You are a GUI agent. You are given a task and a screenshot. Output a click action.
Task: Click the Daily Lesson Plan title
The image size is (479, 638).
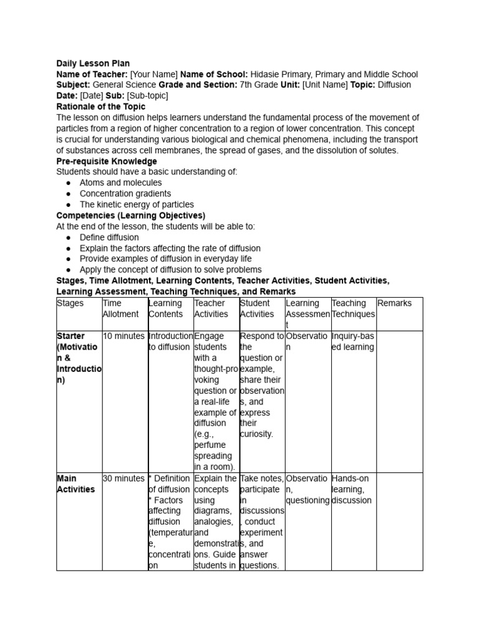point(93,64)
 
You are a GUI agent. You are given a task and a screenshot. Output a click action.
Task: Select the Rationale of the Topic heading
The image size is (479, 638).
point(100,107)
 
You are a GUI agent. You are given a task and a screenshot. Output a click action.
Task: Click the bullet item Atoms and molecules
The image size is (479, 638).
point(120,183)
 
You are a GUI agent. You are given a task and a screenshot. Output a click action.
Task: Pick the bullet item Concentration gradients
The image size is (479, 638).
point(125,194)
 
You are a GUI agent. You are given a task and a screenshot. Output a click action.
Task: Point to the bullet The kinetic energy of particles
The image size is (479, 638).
point(137,204)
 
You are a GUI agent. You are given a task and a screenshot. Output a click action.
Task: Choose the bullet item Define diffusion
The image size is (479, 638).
point(109,237)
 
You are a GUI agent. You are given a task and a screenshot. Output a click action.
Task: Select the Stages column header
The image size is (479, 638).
point(70,303)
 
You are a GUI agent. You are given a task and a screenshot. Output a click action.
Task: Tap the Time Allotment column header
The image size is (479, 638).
point(120,308)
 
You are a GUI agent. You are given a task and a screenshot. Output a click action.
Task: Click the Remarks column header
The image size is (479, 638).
point(394,303)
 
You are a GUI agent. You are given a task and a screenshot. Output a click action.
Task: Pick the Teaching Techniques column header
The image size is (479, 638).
point(353,308)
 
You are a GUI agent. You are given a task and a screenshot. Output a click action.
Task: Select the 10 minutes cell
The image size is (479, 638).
point(123,336)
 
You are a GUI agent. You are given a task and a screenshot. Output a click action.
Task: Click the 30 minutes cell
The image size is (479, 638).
point(123,478)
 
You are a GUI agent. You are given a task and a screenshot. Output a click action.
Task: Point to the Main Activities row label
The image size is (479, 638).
point(75,483)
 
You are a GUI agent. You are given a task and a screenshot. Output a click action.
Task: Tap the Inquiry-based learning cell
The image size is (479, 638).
point(353,341)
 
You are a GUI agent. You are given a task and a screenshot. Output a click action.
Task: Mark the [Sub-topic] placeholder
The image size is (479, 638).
point(147,96)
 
